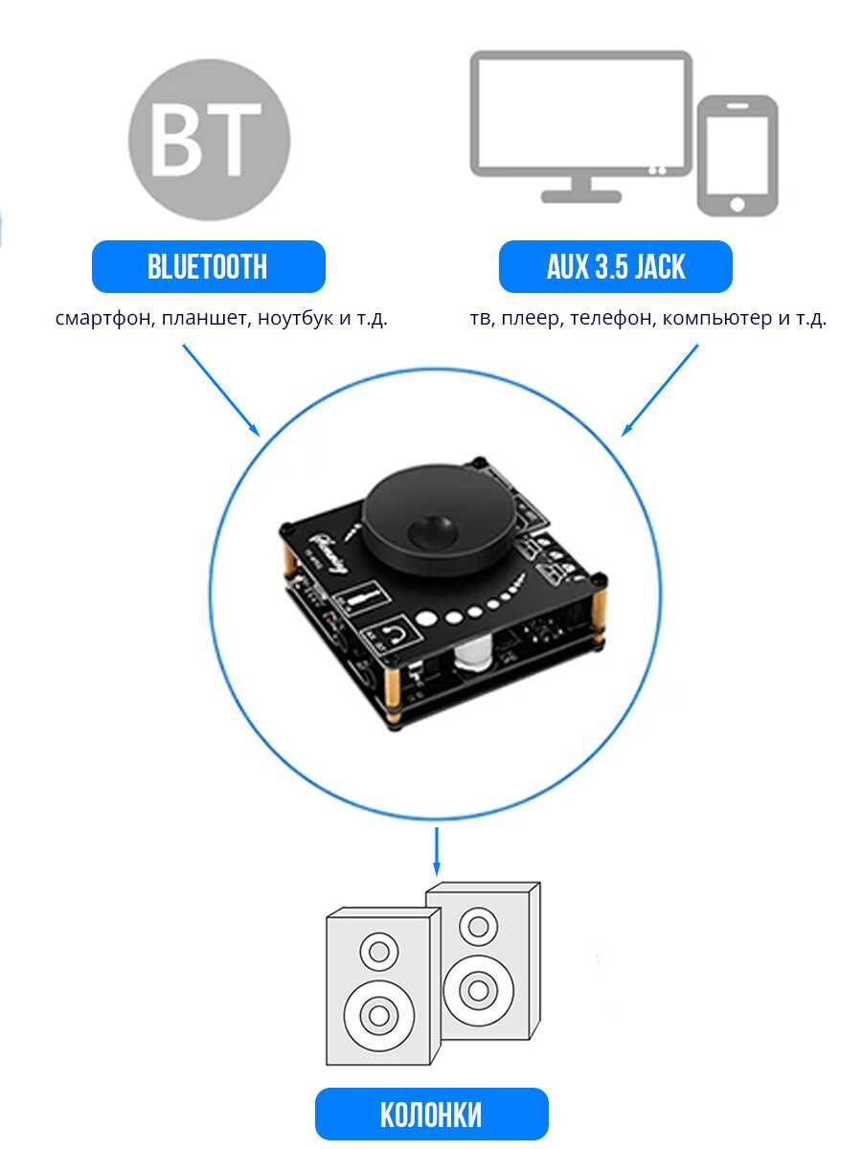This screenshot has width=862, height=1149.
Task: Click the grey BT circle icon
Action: pyautogui.click(x=209, y=140)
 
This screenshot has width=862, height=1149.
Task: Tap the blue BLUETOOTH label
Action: pyautogui.click(x=208, y=267)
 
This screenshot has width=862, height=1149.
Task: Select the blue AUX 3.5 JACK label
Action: pyautogui.click(x=616, y=267)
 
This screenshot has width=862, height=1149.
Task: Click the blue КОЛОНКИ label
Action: pyautogui.click(x=431, y=1115)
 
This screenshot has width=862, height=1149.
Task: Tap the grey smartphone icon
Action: pyautogui.click(x=737, y=154)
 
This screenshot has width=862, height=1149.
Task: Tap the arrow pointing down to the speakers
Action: pyautogui.click(x=437, y=850)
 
